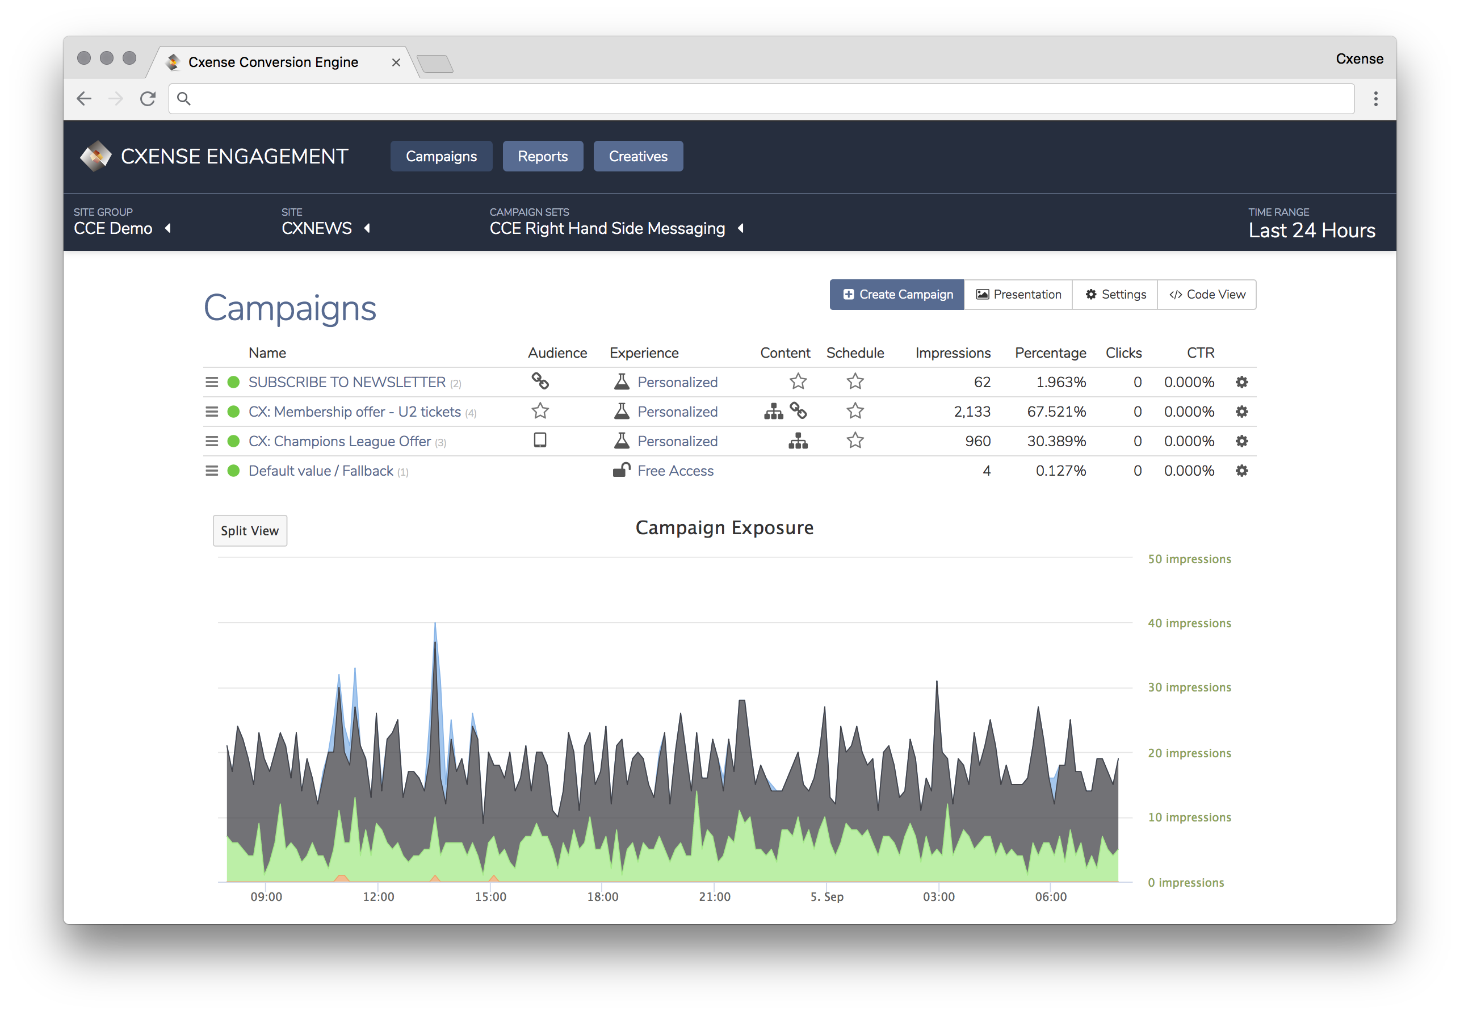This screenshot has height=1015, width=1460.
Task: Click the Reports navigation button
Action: (x=543, y=157)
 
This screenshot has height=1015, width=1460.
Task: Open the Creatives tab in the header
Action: (x=638, y=157)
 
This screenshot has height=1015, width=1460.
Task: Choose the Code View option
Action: (x=1206, y=295)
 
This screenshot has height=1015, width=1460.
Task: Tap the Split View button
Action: (x=250, y=530)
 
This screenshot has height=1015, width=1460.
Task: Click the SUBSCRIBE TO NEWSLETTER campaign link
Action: (x=347, y=382)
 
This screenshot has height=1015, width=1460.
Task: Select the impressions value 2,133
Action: (x=972, y=412)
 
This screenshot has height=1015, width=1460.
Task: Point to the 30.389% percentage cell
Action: (x=1056, y=441)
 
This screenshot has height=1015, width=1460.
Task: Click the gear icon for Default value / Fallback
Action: (x=1241, y=471)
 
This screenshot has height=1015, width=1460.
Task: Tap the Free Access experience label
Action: (x=676, y=471)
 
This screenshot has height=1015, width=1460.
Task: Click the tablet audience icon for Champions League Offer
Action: (x=540, y=440)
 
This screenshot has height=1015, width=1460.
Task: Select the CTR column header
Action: (x=1201, y=353)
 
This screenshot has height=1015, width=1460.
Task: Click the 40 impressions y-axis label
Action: (x=1189, y=623)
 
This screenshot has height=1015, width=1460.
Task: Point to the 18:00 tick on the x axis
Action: (x=602, y=897)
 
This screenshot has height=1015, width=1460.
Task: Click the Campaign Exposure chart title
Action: (x=724, y=528)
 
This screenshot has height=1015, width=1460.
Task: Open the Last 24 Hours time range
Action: (x=1311, y=230)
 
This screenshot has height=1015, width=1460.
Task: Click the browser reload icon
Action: (x=148, y=99)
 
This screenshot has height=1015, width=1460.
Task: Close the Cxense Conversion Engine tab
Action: (x=396, y=62)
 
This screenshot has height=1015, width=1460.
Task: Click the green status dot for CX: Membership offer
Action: (x=233, y=412)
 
